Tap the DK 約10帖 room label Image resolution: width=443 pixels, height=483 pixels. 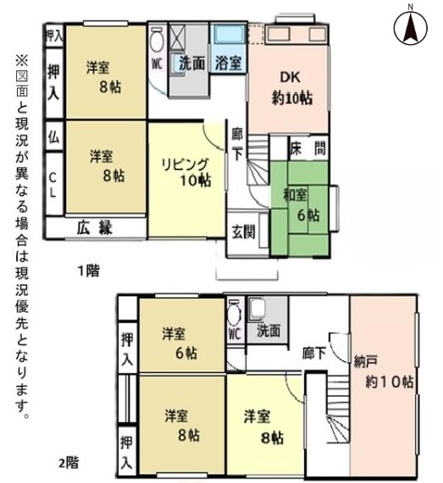[291, 89]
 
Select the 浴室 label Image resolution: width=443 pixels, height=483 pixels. [228, 63]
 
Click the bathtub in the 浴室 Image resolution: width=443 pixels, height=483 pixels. [230, 35]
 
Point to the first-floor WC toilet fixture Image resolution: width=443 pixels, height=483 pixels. [157, 40]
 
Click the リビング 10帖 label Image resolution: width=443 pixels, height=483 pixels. [186, 173]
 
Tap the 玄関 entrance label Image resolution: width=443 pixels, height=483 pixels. [243, 232]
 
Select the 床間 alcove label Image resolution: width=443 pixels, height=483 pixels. [308, 149]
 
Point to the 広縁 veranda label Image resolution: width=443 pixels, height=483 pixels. [94, 228]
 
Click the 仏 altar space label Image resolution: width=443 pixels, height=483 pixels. [53, 136]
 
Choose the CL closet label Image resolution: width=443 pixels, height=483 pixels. [53, 184]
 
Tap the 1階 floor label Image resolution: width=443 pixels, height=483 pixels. [88, 271]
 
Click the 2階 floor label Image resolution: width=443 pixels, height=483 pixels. [69, 463]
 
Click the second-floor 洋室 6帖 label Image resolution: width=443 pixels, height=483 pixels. [180, 343]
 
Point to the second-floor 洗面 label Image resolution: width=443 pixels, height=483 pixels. [269, 331]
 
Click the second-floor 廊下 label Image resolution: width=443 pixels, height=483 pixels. [313, 353]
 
